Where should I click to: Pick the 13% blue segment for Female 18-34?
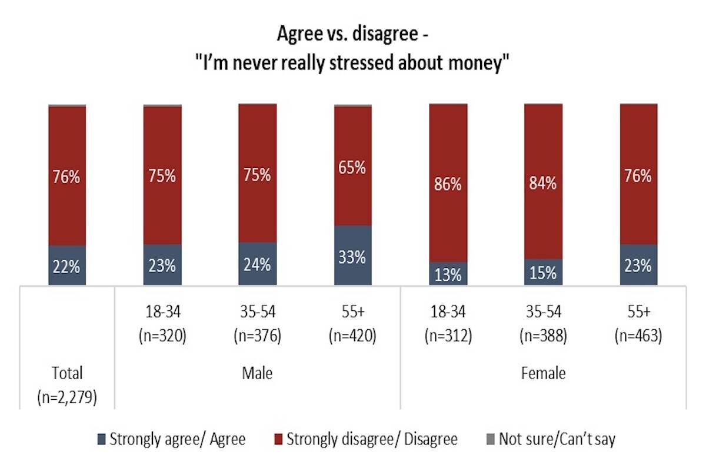(448, 274)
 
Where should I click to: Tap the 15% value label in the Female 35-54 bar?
(543, 273)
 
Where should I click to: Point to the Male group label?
(258, 373)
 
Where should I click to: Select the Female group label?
(543, 373)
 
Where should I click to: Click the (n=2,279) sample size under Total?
(67, 395)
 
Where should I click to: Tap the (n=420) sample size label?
(353, 336)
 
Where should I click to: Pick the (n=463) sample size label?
(638, 336)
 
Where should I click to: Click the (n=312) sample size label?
(448, 336)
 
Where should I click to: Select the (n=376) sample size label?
(258, 336)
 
